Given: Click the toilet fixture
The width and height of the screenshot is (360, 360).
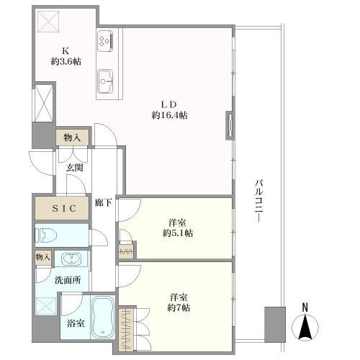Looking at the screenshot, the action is pos(45,235).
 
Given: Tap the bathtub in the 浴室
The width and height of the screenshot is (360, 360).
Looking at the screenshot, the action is pos(103,317).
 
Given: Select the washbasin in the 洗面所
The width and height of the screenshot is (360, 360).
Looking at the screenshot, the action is pos(71,258).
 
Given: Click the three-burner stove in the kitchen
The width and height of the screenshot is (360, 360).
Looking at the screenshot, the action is pos(105,40).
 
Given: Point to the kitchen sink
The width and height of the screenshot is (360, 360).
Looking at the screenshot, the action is pos(105,81).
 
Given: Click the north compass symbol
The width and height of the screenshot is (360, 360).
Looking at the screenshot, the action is pos(305,323).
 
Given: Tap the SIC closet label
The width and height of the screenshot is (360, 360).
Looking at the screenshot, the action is pos(64,208).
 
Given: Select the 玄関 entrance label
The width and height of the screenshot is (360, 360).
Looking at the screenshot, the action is pos(75,168).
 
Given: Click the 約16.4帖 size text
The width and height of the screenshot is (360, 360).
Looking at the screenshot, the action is pos(169,115).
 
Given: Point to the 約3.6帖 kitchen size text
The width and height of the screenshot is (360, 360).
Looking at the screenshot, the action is pos(66,62).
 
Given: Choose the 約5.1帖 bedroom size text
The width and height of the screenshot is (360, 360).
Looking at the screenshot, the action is pos(178,233).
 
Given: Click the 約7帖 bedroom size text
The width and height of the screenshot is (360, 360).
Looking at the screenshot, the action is pos(179,307).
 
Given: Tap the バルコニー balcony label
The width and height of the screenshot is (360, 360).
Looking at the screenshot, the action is pos(259,201).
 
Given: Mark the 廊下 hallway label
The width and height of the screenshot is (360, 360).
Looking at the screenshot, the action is pos(103,203).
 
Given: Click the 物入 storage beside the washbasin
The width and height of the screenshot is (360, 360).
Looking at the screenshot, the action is pos(43,258).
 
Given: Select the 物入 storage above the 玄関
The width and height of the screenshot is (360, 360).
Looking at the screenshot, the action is pos(72,138).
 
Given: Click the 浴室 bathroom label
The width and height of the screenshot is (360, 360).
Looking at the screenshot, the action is pos(76,323).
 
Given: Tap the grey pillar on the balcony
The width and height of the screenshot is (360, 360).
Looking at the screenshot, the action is pos(275,325).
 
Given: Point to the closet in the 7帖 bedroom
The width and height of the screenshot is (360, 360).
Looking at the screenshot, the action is pos(126,330).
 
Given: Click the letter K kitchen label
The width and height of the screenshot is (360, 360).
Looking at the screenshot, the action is pos(66,51).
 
